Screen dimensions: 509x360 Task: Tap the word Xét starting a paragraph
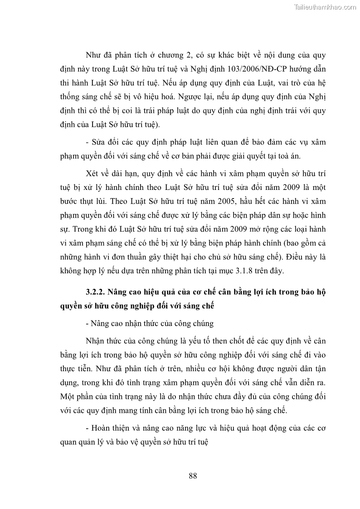point(92,174)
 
